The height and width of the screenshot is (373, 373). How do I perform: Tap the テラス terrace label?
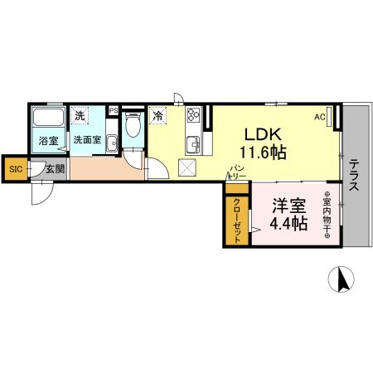tap(353, 176)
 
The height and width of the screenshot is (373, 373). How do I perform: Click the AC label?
tap(319, 117)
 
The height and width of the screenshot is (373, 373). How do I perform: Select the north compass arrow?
tap(340, 280)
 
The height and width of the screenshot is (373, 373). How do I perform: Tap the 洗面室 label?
tap(86, 141)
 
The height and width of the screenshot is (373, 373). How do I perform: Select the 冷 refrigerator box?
tap(157, 117)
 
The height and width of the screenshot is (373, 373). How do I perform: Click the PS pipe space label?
tap(113, 109)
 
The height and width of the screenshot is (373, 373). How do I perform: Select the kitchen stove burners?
tap(192, 116)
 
